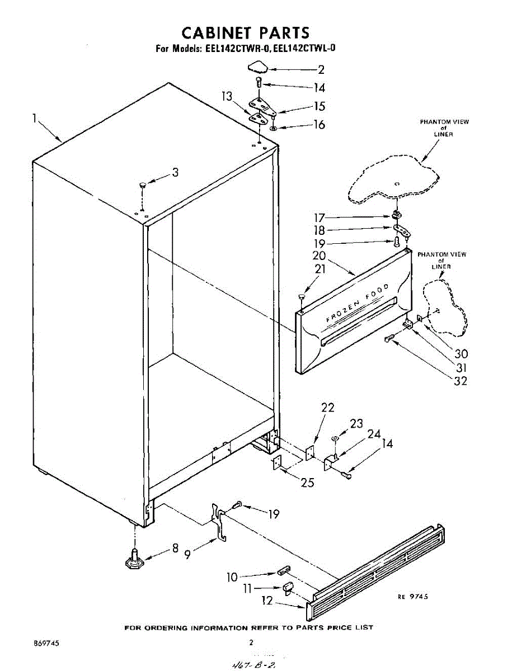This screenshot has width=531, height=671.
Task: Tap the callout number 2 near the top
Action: (321, 70)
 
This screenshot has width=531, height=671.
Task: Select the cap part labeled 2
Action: (257, 67)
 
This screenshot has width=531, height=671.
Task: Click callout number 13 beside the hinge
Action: (227, 96)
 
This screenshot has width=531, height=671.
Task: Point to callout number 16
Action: (319, 124)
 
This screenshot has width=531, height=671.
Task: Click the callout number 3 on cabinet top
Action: (175, 173)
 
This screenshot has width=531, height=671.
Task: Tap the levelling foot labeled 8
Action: (135, 559)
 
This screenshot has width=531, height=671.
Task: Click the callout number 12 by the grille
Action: (267, 601)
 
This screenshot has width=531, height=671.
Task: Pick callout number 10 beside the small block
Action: (232, 577)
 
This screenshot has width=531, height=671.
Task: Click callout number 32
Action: (460, 381)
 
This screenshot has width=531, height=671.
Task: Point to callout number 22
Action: (327, 408)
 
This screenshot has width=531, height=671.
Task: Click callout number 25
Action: (307, 483)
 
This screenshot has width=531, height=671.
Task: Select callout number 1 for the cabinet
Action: (35, 119)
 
